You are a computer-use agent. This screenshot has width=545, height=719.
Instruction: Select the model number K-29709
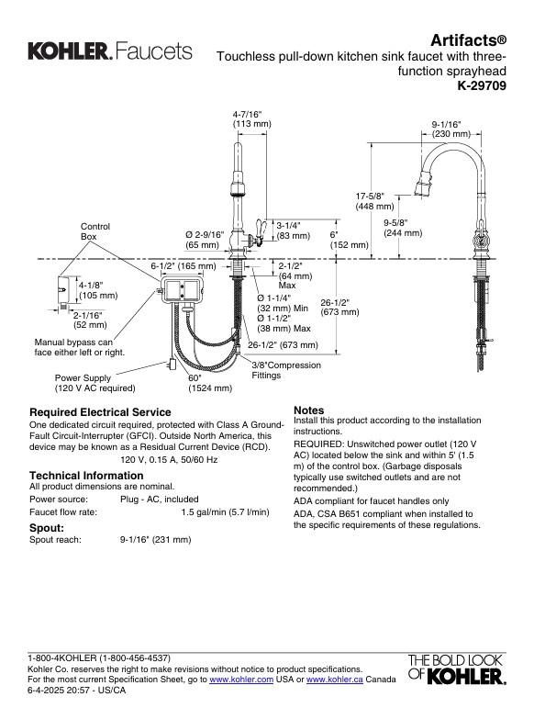point(481,86)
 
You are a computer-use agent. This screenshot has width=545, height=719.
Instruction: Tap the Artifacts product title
point(469,40)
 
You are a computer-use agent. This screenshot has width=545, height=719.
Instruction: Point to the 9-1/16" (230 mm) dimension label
point(450,129)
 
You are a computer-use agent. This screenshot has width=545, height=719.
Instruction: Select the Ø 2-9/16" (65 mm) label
point(204,240)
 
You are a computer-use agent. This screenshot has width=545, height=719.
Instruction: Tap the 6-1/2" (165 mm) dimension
point(183,266)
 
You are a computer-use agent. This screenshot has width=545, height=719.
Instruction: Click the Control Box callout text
point(95,231)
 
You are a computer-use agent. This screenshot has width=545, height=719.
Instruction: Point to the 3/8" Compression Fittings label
point(286,370)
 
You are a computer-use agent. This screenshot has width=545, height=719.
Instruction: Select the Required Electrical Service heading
point(100,412)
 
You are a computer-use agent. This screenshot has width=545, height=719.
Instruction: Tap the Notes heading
point(308,410)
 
